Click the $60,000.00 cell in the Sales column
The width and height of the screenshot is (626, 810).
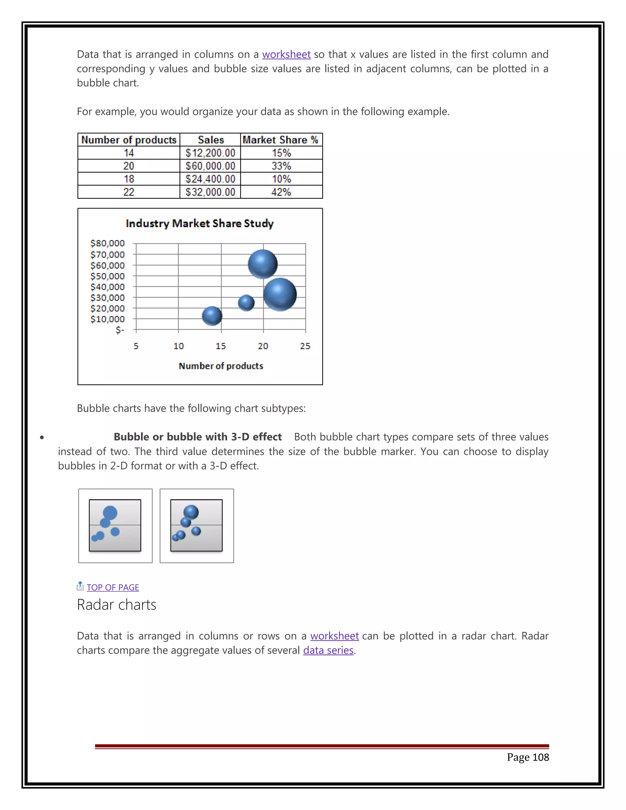(210, 166)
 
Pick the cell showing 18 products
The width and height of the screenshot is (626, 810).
(129, 179)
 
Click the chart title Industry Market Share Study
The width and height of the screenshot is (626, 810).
(200, 223)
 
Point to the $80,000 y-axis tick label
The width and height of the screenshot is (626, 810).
(108, 243)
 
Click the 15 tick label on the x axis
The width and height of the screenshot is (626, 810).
(221, 346)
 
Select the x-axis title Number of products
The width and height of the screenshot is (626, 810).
(221, 366)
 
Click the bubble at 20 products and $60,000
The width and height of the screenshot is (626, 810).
(263, 264)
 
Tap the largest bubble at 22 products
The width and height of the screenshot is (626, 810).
(280, 294)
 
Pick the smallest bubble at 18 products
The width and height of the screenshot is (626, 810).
(246, 303)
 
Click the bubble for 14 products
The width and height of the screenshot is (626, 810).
(212, 316)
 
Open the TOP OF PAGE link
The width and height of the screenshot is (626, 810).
(113, 587)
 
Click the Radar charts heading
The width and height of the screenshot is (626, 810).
(116, 605)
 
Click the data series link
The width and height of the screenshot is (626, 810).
(328, 650)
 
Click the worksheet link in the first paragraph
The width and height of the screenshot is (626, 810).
(286, 54)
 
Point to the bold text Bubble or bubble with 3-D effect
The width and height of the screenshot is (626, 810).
(198, 437)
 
